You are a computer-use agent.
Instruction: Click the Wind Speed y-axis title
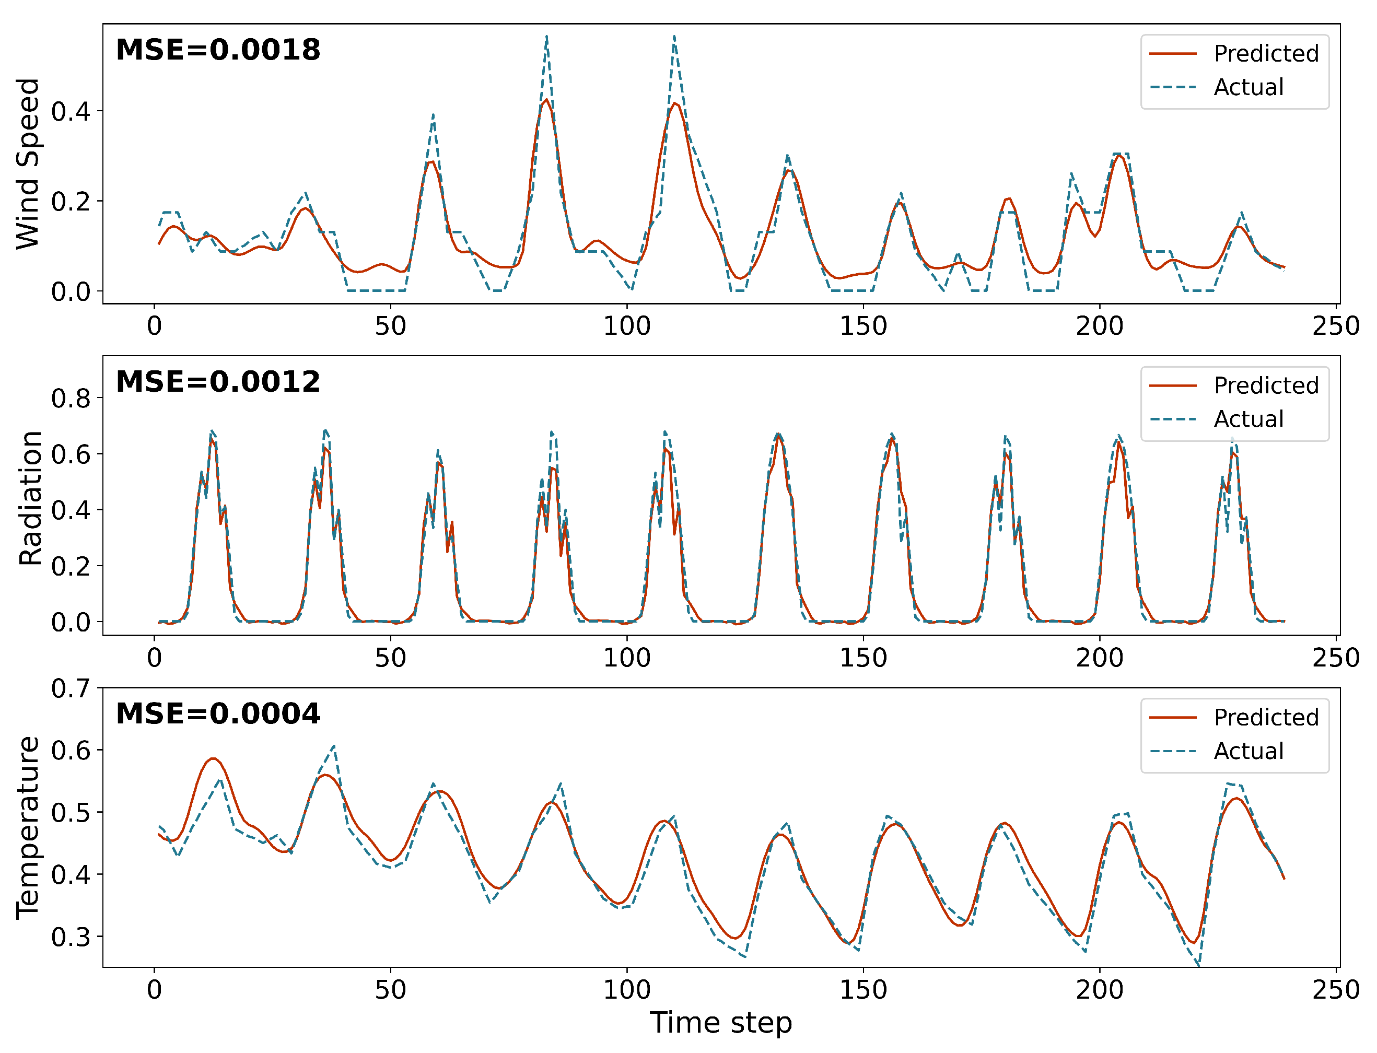tap(28, 163)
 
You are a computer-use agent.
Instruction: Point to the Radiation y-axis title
tap(29, 498)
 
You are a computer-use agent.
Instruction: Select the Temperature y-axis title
tap(28, 828)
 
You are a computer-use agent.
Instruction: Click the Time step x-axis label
tap(721, 1022)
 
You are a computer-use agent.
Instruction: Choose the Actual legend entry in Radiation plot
tap(1248, 419)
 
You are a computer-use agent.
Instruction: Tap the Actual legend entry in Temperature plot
tap(1248, 751)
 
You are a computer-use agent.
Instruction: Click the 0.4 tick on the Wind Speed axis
tap(70, 112)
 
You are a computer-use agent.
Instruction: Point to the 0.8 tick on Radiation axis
tap(70, 399)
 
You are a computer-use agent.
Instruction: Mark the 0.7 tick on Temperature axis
tap(70, 688)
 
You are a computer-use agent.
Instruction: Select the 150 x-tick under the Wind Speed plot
tap(863, 326)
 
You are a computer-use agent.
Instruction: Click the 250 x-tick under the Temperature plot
tap(1336, 990)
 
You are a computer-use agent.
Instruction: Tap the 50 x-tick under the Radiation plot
tap(390, 658)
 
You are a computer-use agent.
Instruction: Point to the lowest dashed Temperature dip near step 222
tap(1198, 965)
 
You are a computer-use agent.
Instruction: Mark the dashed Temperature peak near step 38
tap(334, 746)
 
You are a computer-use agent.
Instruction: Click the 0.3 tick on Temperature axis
tap(70, 937)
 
